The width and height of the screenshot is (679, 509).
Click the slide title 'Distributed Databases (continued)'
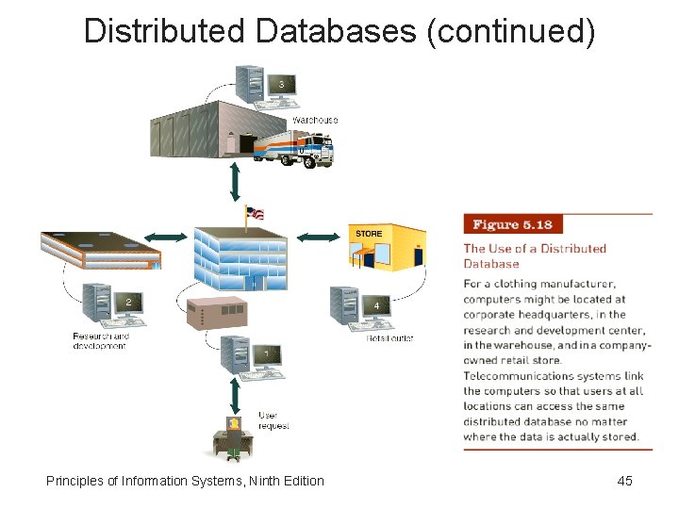click(339, 30)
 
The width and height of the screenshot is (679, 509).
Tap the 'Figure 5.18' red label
click(512, 224)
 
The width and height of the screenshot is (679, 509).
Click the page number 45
click(624, 481)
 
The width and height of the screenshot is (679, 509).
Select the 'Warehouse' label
click(315, 120)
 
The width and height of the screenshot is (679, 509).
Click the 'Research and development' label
click(101, 340)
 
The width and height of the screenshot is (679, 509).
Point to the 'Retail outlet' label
click(389, 337)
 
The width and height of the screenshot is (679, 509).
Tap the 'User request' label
click(273, 420)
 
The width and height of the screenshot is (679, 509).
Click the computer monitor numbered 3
click(281, 85)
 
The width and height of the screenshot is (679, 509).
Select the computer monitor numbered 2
click(128, 302)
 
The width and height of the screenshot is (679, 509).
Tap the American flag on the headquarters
click(254, 213)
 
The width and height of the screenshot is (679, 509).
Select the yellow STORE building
click(387, 247)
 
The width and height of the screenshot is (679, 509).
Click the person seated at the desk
click(232, 436)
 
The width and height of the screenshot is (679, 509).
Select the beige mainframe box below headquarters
click(216, 314)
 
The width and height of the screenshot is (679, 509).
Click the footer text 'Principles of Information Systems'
click(185, 481)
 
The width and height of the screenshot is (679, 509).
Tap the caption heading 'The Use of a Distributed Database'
click(534, 256)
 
